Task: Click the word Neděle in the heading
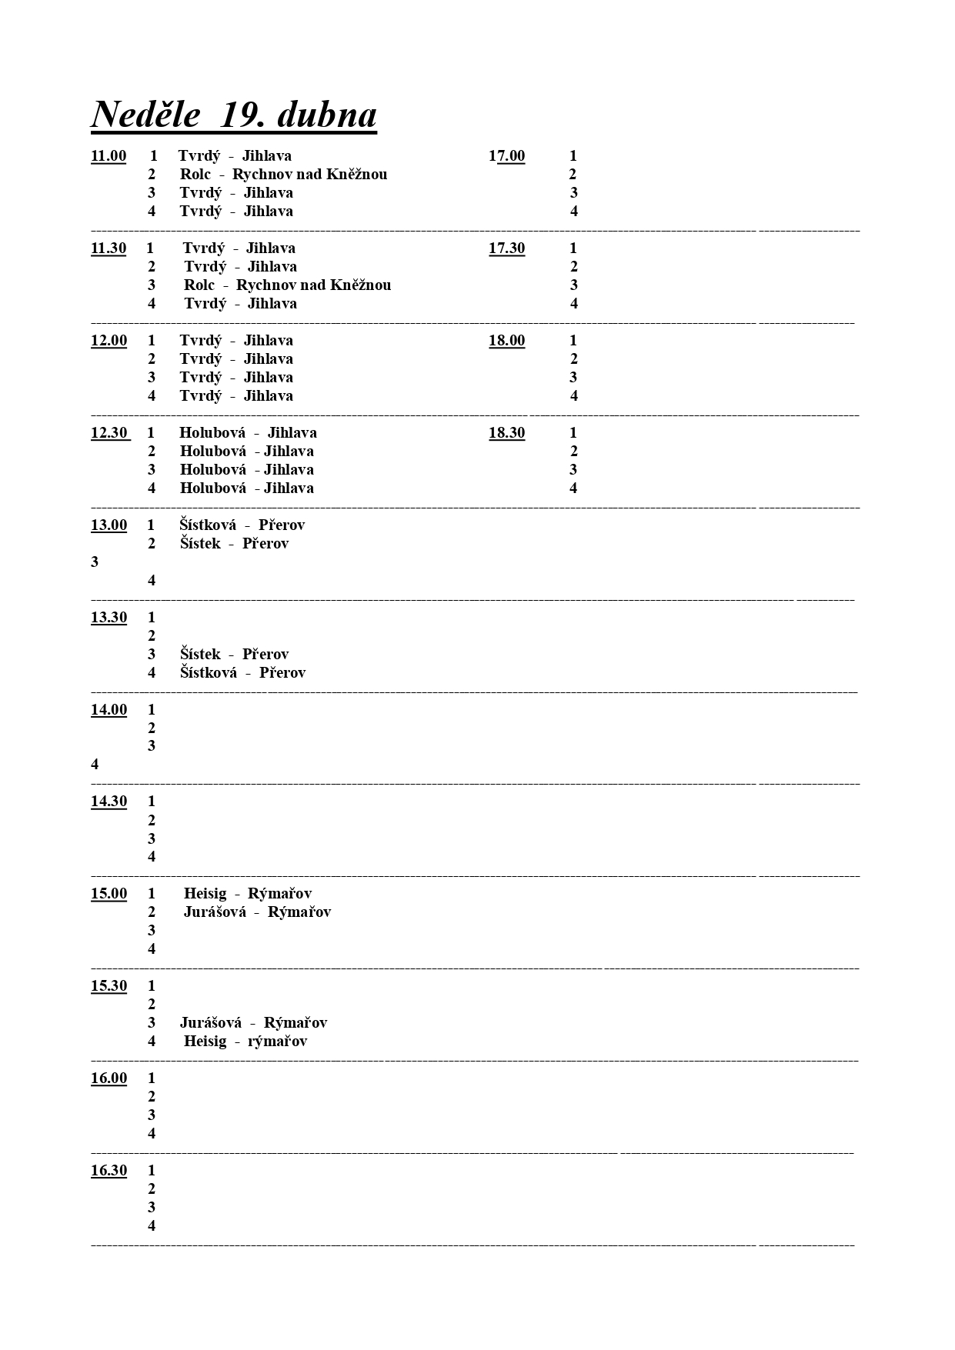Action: [x=146, y=115]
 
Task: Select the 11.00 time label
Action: [x=109, y=156]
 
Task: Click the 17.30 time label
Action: [x=506, y=248]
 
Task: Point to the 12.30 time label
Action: [x=109, y=433]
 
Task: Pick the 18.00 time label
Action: [x=506, y=341]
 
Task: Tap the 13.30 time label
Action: [x=109, y=618]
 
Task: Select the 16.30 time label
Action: [x=109, y=1171]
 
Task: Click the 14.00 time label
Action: [x=109, y=710]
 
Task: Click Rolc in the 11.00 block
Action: [x=195, y=175]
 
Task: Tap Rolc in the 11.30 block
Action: [x=199, y=285]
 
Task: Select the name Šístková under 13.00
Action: [x=208, y=525]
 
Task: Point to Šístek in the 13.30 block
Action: [x=200, y=655]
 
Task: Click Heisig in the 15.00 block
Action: [x=205, y=894]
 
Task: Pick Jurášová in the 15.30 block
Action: [x=211, y=1023]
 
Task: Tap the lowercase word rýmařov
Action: [x=277, y=1042]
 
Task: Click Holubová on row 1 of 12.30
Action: [x=212, y=433]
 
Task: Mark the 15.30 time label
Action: [x=109, y=986]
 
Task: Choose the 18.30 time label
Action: [x=506, y=433]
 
